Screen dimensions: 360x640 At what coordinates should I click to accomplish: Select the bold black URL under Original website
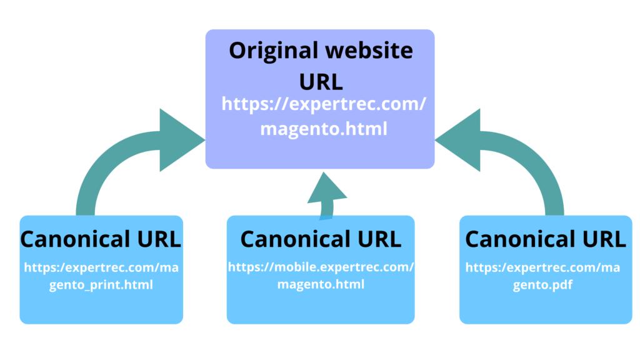(321, 81)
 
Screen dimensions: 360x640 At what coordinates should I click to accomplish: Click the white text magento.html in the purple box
(324, 129)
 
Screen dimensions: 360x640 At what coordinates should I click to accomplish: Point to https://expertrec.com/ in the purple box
(324, 104)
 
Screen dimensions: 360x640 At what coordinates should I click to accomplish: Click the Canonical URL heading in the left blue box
(101, 239)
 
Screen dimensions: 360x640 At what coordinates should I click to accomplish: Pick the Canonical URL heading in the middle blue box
(321, 239)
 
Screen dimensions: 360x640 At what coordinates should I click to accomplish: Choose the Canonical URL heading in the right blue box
(545, 239)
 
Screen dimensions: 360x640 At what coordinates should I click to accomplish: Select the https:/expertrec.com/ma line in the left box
(101, 267)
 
